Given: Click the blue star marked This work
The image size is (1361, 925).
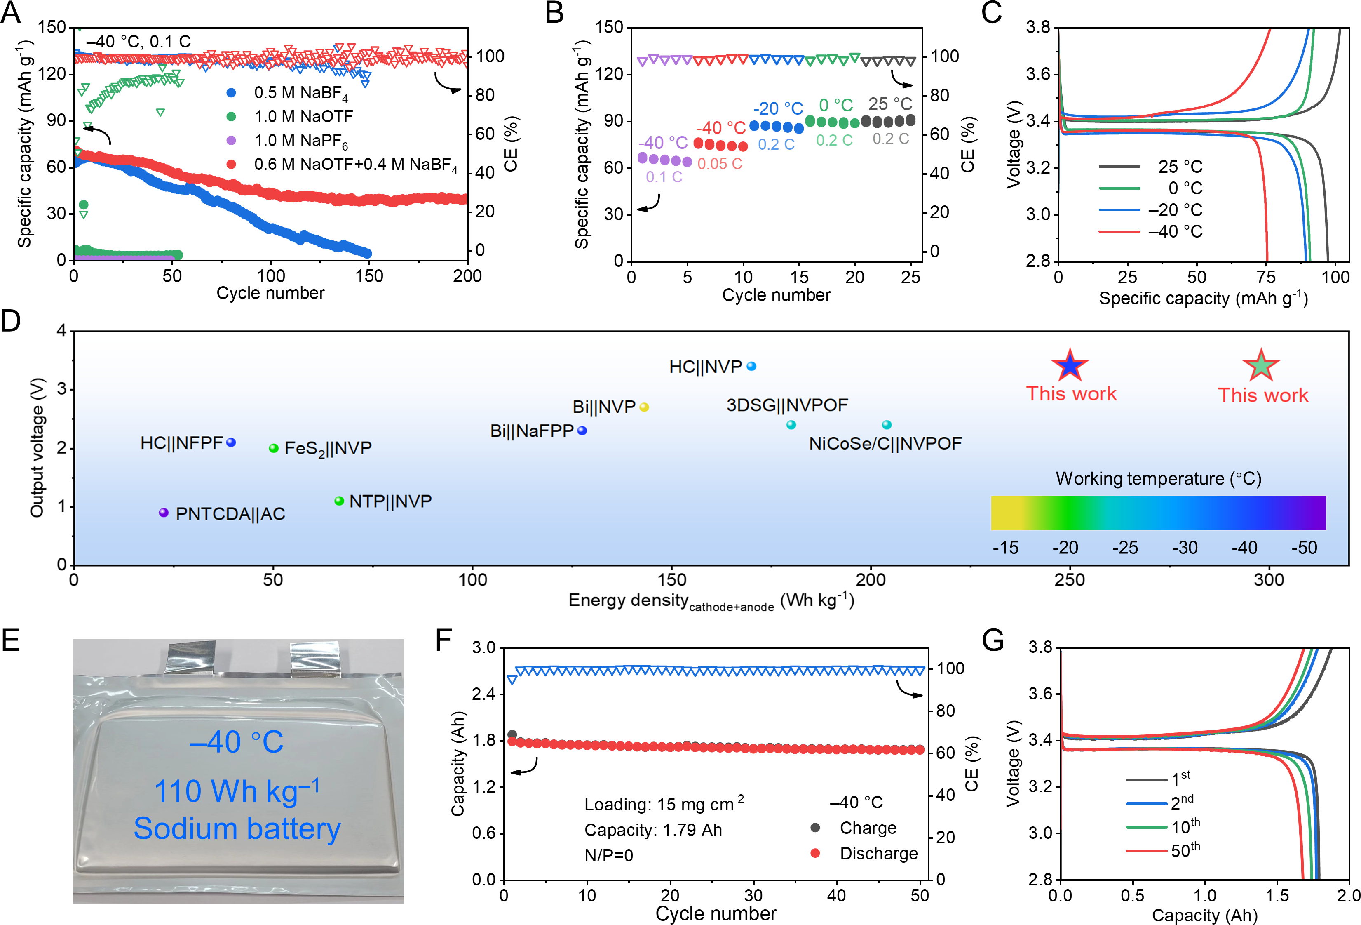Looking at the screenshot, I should tap(1069, 365).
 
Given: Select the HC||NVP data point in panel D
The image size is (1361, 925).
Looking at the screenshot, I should tap(751, 366).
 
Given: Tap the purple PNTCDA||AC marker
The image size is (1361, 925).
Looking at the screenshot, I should tap(164, 513).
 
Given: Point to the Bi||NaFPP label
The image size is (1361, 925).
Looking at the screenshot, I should tap(531, 431).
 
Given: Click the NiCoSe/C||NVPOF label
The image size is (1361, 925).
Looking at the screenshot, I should tap(885, 443).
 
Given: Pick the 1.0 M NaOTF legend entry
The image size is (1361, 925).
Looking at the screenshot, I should tap(303, 117).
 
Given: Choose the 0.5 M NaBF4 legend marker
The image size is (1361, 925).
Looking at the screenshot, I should tap(231, 92).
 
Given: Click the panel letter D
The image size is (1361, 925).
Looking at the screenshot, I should tap(11, 321).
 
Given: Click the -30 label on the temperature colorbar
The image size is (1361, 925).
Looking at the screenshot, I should tap(1184, 548).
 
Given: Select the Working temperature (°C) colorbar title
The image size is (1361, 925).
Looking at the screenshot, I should tap(1158, 479).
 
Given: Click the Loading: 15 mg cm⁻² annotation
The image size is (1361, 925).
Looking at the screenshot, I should tap(664, 804).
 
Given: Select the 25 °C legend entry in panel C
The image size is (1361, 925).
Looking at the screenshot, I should tap(1180, 167).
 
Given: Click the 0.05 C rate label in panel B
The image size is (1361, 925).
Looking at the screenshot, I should tap(720, 164).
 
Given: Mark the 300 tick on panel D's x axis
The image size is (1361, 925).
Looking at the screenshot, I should tap(1269, 580).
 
